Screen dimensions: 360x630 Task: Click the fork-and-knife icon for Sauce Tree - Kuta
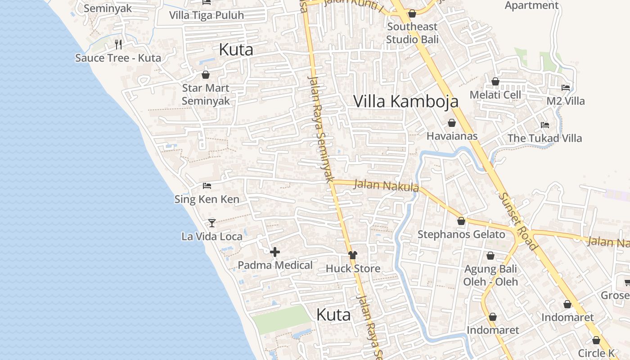[118, 44]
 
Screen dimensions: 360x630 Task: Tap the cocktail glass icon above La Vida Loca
[212, 223]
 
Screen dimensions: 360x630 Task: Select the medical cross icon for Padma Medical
[275, 252]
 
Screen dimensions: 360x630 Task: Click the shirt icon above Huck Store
[353, 255]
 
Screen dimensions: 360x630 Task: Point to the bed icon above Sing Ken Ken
[207, 185]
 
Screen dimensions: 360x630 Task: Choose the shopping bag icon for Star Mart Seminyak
[206, 75]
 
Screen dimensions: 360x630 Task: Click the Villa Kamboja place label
[406, 101]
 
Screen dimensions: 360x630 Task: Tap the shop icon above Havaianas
[452, 123]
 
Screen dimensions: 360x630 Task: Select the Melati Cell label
[495, 95]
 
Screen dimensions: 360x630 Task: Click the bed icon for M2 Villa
[566, 88]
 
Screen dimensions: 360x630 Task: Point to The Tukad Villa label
[544, 138]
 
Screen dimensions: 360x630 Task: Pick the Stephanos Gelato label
[461, 234]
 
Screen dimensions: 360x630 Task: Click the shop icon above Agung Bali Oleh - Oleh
[490, 256]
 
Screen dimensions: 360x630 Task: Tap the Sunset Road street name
[517, 221]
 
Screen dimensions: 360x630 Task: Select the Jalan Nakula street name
[387, 185]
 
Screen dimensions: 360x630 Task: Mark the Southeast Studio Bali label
[412, 33]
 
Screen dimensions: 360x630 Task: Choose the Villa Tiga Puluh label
[207, 15]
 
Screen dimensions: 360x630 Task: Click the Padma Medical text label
[275, 265]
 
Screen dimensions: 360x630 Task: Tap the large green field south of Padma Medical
[282, 319]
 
